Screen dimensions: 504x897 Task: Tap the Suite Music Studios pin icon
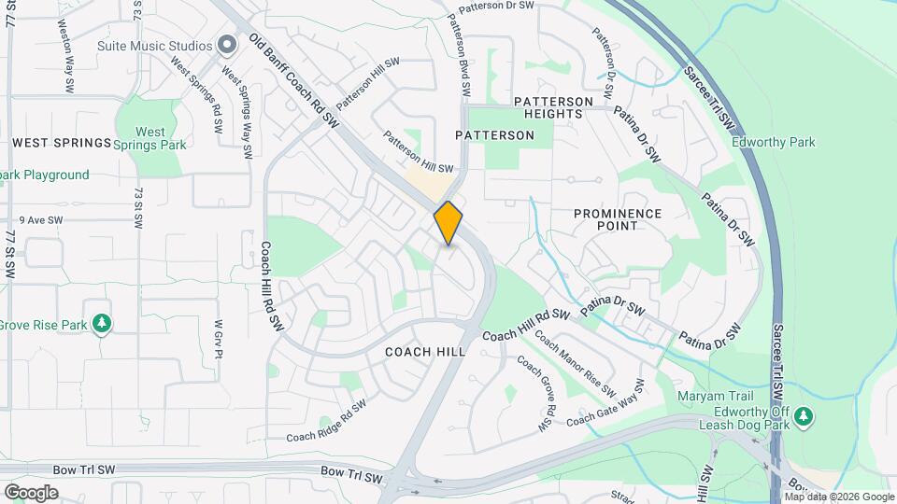(x=227, y=45)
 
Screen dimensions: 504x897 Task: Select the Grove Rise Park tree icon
(x=102, y=324)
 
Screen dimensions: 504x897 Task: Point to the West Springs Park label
(x=149, y=138)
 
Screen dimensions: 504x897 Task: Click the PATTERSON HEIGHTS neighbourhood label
(x=553, y=107)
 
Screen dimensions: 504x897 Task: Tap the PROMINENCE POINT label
(x=618, y=219)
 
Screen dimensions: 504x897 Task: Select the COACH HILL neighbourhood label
(x=425, y=352)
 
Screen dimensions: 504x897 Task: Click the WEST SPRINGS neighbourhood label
(x=62, y=143)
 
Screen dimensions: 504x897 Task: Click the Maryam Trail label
(x=715, y=396)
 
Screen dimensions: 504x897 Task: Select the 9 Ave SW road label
(x=40, y=220)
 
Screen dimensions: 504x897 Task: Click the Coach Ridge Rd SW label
(x=326, y=423)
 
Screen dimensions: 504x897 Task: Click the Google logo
(x=32, y=493)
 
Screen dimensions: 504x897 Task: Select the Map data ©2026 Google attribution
(x=838, y=497)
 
